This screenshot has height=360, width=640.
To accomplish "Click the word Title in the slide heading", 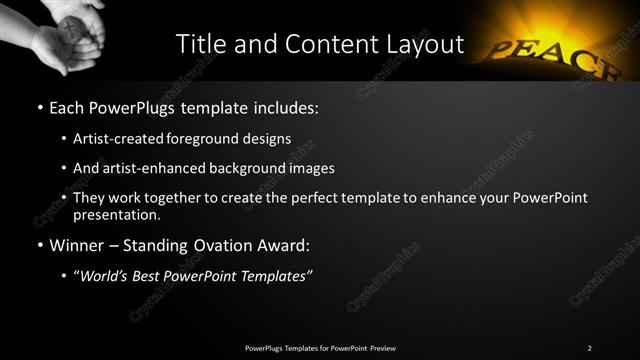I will click(201, 44).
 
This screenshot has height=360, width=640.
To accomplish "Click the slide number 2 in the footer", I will click(590, 347).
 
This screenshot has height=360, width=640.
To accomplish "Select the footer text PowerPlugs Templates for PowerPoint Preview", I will click(320, 347).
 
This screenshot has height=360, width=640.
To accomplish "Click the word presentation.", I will click(116, 214).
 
